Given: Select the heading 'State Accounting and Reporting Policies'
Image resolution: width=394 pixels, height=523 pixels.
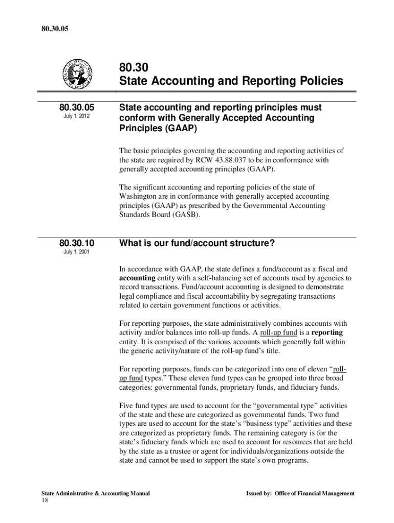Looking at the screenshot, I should tap(231, 81).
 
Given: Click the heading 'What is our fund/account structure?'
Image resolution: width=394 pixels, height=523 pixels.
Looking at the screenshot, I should tap(197, 244).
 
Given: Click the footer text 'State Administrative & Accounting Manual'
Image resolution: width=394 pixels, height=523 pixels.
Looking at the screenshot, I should tap(96, 493).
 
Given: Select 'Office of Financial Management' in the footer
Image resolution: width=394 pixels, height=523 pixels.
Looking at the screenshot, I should tap(314, 493).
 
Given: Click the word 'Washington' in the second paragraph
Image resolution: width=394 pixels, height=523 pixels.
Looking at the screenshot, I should tap(140, 197).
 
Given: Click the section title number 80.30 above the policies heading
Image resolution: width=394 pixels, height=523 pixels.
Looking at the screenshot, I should tap(132, 67).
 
